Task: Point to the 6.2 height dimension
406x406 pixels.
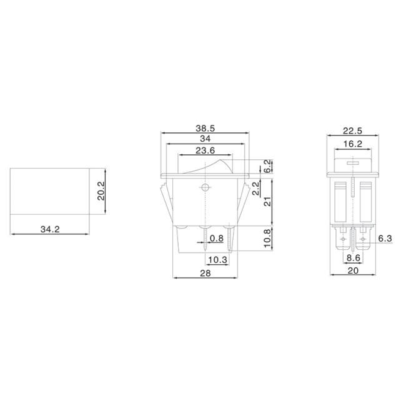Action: point(267,166)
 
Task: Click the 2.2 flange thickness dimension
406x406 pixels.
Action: point(255,189)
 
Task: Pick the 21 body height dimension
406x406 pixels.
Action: point(267,201)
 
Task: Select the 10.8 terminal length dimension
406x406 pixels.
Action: point(267,238)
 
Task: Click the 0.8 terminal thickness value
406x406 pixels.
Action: point(217,238)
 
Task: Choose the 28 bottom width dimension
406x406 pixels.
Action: point(205,273)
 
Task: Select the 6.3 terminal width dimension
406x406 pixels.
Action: point(385,238)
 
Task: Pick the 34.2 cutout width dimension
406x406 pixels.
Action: point(49,229)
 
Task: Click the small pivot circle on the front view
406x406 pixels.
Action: point(205,187)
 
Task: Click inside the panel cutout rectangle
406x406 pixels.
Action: point(50,191)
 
